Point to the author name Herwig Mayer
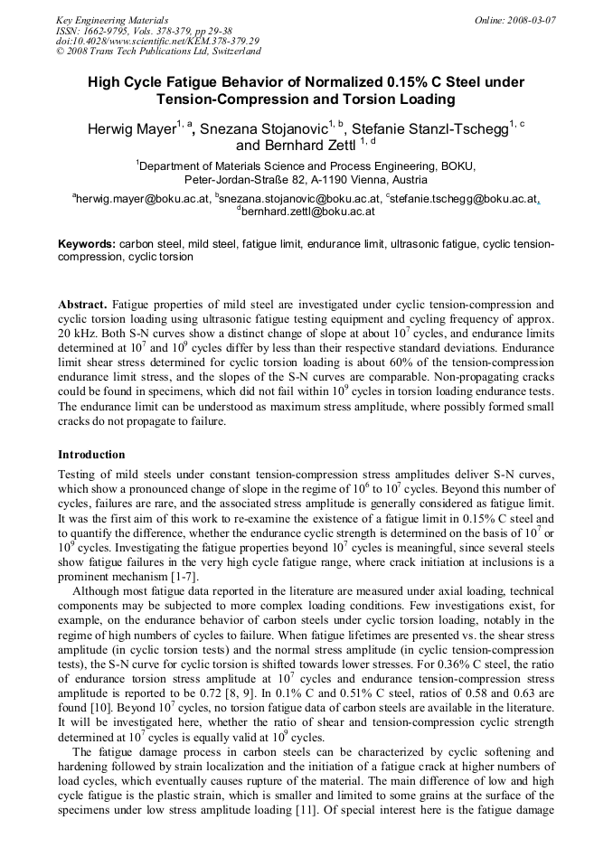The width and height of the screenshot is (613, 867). pos(131,129)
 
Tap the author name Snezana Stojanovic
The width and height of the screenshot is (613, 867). pos(264,129)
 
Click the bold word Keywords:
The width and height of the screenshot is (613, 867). pos(87,244)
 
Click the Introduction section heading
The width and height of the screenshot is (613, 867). pos(91,454)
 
